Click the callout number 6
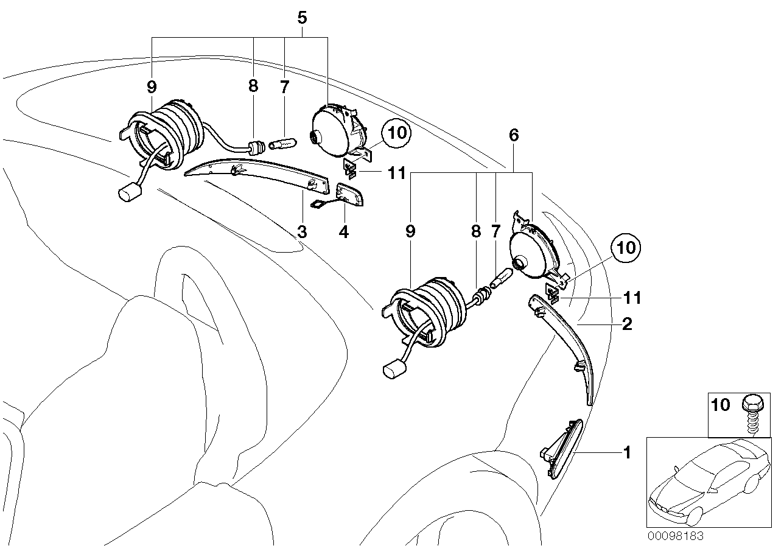pyautogui.click(x=514, y=135)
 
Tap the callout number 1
pyautogui.click(x=626, y=453)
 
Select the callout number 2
pyautogui.click(x=626, y=324)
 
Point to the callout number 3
pyautogui.click(x=301, y=231)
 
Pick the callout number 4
pyautogui.click(x=344, y=231)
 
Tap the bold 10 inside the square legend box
pyautogui.click(x=721, y=405)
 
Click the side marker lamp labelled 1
pyautogui.click(x=561, y=447)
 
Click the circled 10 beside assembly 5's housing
pyautogui.click(x=396, y=133)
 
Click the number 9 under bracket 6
pyautogui.click(x=411, y=231)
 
